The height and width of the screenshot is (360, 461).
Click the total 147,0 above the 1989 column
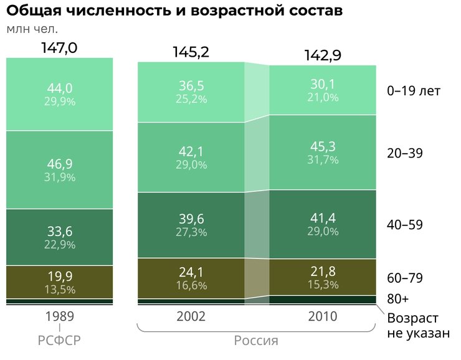(59, 47)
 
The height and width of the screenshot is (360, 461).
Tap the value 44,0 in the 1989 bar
(60, 88)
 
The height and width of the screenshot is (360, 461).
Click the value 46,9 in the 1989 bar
(60, 164)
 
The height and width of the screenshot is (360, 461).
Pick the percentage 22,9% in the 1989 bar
(60, 245)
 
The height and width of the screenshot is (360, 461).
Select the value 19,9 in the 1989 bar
(60, 276)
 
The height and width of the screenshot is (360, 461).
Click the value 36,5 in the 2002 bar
(191, 86)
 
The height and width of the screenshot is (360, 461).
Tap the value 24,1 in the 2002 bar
(191, 272)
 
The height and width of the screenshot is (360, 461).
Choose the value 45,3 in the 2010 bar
(323, 147)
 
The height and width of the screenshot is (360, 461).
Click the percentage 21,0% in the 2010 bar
(323, 97)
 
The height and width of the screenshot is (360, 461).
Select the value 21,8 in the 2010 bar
(323, 271)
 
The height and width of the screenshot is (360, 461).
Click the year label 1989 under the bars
(60, 316)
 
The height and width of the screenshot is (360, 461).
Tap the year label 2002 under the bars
(191, 316)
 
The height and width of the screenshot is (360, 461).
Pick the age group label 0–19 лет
(414, 91)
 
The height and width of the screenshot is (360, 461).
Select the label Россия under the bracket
(256, 341)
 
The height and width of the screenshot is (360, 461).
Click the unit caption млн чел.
(37, 29)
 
